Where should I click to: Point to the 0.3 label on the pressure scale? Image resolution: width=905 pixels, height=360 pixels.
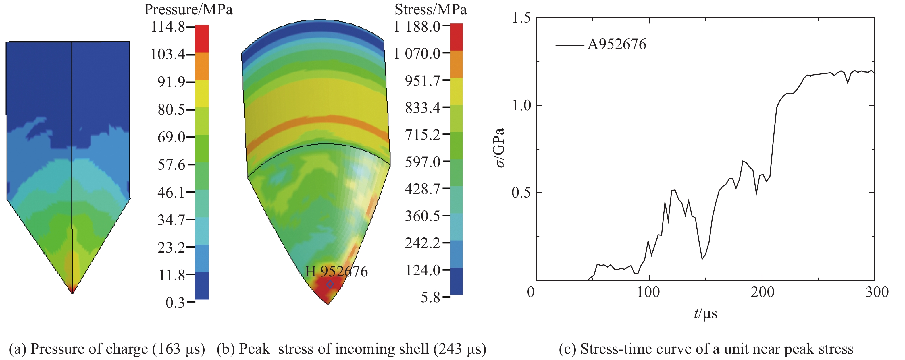[x=175, y=302]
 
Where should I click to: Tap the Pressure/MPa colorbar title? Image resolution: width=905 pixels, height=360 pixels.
[x=188, y=9]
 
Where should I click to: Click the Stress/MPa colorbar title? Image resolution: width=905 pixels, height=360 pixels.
[x=430, y=9]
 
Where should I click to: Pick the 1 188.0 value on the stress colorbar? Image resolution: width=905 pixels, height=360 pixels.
[x=417, y=26]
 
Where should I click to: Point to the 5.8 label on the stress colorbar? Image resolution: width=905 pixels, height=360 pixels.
[x=430, y=297]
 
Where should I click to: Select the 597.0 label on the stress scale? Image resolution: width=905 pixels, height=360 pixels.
[x=422, y=162]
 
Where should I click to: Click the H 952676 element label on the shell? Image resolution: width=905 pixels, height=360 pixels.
[x=336, y=272]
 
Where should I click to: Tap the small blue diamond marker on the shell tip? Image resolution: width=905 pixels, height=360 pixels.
[x=330, y=284]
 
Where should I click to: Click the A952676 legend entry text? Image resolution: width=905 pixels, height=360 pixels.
[x=617, y=44]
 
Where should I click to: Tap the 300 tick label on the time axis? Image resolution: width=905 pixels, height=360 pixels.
[x=877, y=292]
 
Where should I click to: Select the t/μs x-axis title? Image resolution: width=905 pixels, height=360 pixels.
[x=705, y=313]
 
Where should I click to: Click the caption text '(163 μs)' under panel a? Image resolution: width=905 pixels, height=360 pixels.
[x=178, y=349]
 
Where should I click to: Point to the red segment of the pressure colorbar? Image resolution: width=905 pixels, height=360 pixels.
[x=202, y=39]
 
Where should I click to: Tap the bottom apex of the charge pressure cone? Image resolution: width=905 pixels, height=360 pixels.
[x=72, y=293]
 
